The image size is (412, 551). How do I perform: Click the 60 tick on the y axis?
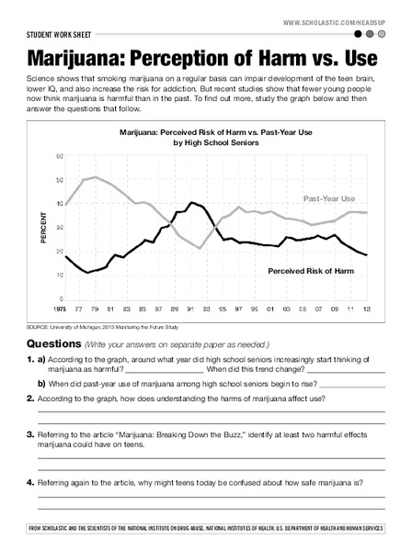click(59, 157)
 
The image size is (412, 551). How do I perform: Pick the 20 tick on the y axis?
click(59, 251)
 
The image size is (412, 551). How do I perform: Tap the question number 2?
click(30, 398)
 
